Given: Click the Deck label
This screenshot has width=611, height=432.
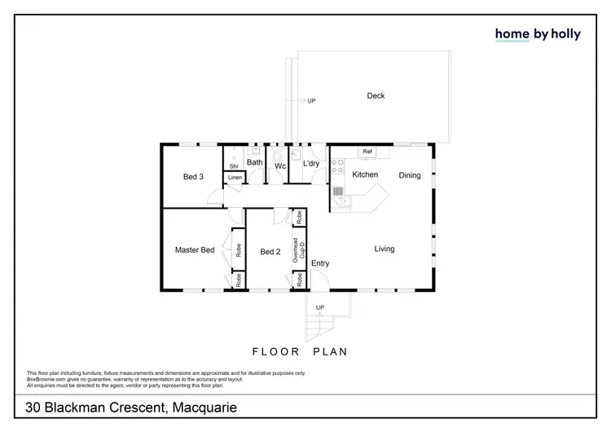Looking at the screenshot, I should tap(376, 96).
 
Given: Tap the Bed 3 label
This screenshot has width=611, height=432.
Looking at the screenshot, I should tap(193, 176).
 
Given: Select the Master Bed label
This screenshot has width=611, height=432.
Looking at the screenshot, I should tap(195, 250).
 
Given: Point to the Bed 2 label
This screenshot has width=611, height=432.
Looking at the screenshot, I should tap(270, 252).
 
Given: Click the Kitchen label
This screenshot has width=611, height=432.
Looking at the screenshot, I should tap(364, 175).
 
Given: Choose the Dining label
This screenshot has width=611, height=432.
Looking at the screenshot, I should tap(410, 175).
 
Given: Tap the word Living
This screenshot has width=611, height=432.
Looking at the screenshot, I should tap(385, 249).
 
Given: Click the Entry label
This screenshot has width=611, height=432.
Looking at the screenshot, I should tap(320, 263).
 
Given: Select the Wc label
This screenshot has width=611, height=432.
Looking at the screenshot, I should tap(279, 166).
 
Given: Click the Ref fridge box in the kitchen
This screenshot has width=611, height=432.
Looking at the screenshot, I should tap(367, 152).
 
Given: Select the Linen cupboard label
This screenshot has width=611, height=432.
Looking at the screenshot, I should tap(235, 177).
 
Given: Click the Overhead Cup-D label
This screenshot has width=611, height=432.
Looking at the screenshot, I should tap(300, 249).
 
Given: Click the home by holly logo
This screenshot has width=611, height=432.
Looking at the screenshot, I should tap(538, 33).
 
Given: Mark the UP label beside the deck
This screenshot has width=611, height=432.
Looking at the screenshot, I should tap(311, 101).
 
